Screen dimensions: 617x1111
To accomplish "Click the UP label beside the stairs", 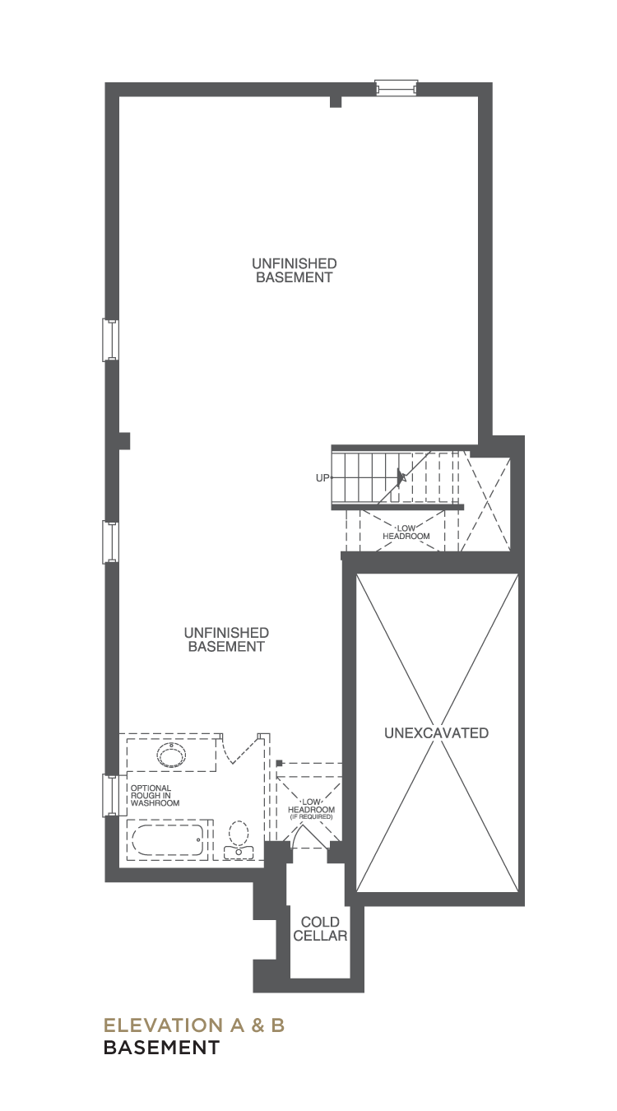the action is pyautogui.click(x=322, y=478).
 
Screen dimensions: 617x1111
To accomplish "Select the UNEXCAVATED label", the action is pyautogui.click(x=437, y=733).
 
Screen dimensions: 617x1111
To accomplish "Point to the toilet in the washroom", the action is pyautogui.click(x=239, y=839).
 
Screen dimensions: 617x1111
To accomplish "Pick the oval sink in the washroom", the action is pyautogui.click(x=172, y=755).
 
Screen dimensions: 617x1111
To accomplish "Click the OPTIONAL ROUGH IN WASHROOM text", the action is pyautogui.click(x=155, y=796).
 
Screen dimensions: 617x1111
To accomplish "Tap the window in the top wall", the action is pyautogui.click(x=396, y=88).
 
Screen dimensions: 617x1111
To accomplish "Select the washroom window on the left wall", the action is pyautogui.click(x=110, y=795).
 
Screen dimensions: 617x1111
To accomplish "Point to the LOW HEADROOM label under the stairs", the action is pyautogui.click(x=406, y=532).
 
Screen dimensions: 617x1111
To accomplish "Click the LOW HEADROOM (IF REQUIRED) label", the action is pyautogui.click(x=312, y=809).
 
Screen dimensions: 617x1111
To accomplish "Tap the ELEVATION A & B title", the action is pyautogui.click(x=194, y=1025).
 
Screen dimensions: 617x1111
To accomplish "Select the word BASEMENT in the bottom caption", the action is pyautogui.click(x=161, y=1048).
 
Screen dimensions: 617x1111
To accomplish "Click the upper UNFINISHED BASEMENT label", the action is pyautogui.click(x=295, y=270).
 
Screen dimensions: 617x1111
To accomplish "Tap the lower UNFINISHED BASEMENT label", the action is pyautogui.click(x=226, y=639).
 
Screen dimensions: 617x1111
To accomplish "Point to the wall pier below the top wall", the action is pyautogui.click(x=336, y=102).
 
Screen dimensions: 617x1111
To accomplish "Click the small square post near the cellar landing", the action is pyautogui.click(x=279, y=763).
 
